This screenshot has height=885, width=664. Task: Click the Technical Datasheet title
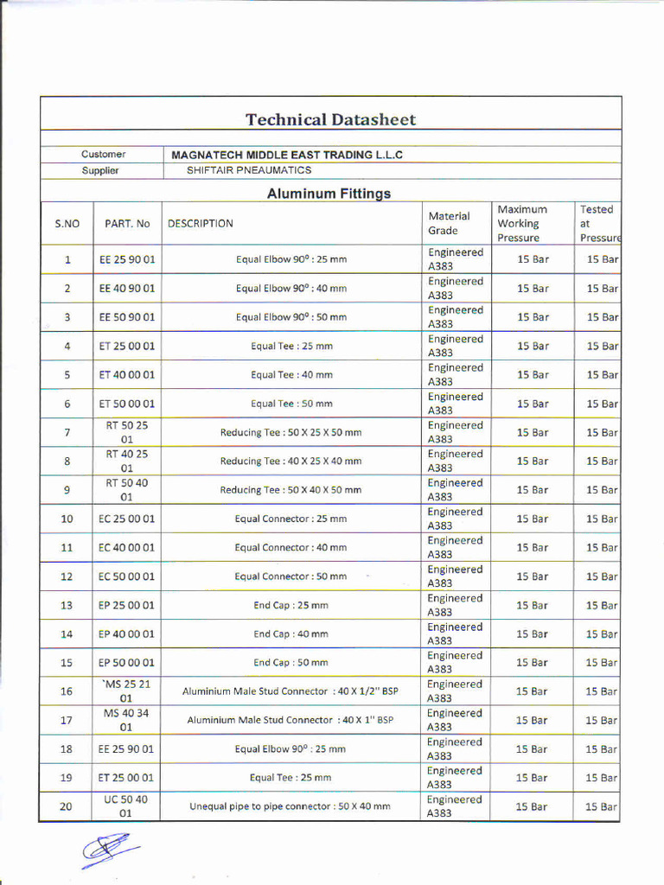point(330,120)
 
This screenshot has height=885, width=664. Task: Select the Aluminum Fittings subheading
point(329,194)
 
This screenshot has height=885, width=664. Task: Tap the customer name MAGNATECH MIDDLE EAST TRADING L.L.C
point(287,155)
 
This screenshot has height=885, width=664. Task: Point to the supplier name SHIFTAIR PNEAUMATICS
point(249,170)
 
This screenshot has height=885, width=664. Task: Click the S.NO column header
point(67,224)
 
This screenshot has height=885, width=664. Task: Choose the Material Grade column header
point(449,223)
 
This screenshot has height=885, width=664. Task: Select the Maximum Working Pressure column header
point(522,223)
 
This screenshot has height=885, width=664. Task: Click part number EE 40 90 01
point(127,289)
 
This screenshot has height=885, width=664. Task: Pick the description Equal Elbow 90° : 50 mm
point(291,317)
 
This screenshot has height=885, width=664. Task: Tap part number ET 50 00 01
point(127,404)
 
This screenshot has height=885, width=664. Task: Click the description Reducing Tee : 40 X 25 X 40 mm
point(290,462)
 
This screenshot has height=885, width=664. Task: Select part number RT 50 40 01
point(126,490)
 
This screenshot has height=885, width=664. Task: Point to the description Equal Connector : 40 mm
point(290,548)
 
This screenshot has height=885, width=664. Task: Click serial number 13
point(67,605)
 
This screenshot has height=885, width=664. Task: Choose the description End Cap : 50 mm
point(290,663)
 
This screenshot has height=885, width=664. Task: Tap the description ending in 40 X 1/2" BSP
point(290,691)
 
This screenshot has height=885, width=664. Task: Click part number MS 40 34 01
point(126,720)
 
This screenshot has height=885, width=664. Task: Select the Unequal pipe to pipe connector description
point(290,806)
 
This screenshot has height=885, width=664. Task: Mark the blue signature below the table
point(110,849)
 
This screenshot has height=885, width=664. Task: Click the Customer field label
point(104,155)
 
